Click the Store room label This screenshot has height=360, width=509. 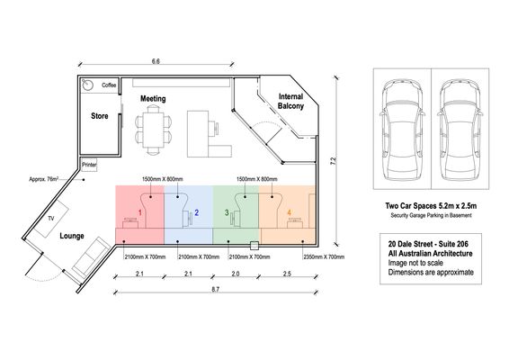click(x=99, y=116)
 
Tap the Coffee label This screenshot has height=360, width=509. click(x=109, y=85)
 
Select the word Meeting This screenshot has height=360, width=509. click(x=153, y=98)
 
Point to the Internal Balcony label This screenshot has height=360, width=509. click(x=290, y=101)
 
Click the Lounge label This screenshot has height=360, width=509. click(x=72, y=236)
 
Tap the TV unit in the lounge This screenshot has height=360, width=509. click(x=51, y=219)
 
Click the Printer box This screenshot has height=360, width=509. click(x=89, y=165)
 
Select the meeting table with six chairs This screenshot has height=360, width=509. click(x=153, y=130)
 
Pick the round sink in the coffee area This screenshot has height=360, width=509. click(x=87, y=85)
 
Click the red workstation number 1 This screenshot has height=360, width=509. click(x=140, y=212)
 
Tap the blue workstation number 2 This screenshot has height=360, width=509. click(x=196, y=212)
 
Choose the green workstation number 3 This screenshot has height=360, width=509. click(x=227, y=212)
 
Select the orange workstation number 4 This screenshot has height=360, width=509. click(x=290, y=212)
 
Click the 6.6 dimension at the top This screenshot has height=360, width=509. click(x=156, y=61)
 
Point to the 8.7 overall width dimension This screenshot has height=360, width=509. click(x=216, y=289)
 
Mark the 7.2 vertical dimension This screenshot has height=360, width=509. click(x=334, y=161)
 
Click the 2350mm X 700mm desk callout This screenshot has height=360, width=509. click(x=324, y=257)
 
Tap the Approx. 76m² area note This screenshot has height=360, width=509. click(x=44, y=179)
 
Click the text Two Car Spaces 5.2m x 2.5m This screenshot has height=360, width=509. click(x=431, y=206)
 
